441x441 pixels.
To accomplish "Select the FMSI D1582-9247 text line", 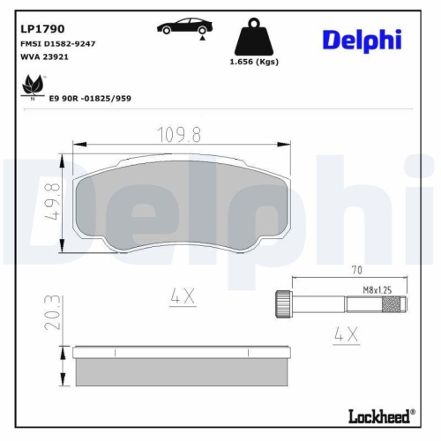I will tap(58, 42).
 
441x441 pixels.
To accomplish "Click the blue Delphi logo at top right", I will tap(362, 39).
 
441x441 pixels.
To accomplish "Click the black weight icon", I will tap(254, 39).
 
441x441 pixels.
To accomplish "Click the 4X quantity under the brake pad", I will tap(182, 297).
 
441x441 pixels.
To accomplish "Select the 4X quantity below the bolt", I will tap(347, 334).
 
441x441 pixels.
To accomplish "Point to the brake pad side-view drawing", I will tap(183, 366).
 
